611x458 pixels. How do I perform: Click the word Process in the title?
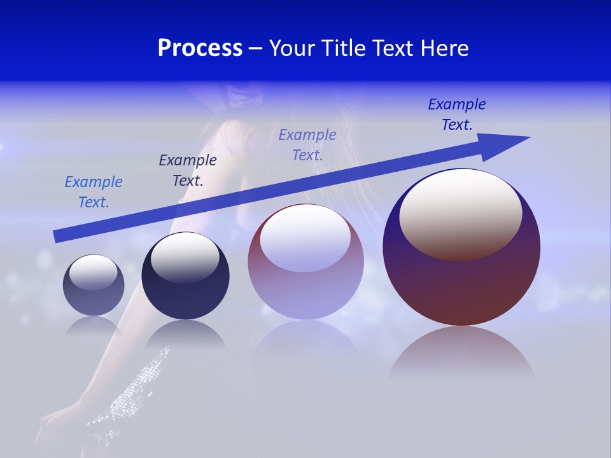pyautogui.click(x=200, y=48)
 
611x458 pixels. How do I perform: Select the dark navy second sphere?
pyautogui.click(x=185, y=296)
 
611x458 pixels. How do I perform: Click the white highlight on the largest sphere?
pyautogui.click(x=460, y=213)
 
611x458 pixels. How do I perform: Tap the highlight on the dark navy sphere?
pyautogui.click(x=185, y=257)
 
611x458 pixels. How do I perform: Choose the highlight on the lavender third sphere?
pyautogui.click(x=305, y=238)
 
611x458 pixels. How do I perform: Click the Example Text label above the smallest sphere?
pyautogui.click(x=94, y=192)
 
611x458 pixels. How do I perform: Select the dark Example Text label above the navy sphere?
pyautogui.click(x=188, y=170)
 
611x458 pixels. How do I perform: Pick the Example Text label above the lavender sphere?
pyautogui.click(x=307, y=145)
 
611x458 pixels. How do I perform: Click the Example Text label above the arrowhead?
pyautogui.click(x=457, y=114)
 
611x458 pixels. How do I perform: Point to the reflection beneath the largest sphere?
pyautogui.click(x=461, y=353)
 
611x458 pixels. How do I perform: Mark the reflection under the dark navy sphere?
pyautogui.click(x=185, y=333)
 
